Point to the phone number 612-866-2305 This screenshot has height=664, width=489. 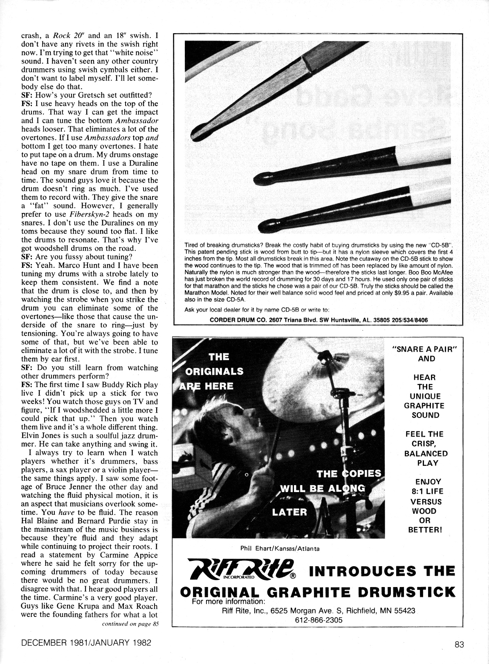(319, 620)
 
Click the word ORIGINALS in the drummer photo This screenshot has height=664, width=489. (214, 371)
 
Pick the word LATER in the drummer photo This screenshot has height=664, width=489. (289, 512)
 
